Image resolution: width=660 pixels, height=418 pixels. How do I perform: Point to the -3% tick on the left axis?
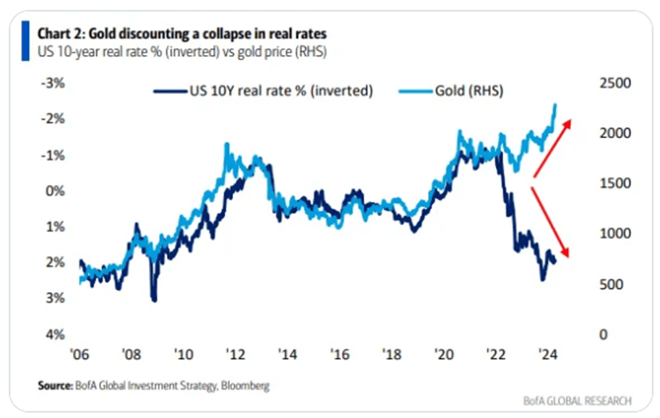55,83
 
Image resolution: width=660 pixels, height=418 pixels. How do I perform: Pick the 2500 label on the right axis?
616,84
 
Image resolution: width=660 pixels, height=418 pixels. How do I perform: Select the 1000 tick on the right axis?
616,234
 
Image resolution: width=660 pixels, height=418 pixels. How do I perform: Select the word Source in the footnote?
54,386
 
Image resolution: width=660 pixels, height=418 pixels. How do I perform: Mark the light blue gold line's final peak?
554,106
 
